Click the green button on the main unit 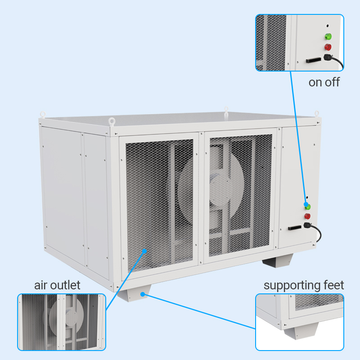(x=308, y=207)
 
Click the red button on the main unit (x=307, y=216)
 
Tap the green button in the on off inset (x=328, y=36)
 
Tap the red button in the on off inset (x=328, y=47)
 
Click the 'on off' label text (x=324, y=82)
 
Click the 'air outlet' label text (x=57, y=285)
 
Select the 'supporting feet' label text (x=304, y=286)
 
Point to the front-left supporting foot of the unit (x=134, y=293)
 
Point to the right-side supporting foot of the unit (x=278, y=261)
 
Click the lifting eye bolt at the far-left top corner (x=43, y=114)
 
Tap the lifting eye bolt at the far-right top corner (x=317, y=113)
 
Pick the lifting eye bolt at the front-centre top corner (x=112, y=121)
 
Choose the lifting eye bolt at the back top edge (x=226, y=110)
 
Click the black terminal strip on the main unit (x=295, y=228)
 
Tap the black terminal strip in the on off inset (x=313, y=60)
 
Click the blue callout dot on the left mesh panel (x=144, y=251)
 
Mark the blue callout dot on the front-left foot (x=143, y=294)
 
